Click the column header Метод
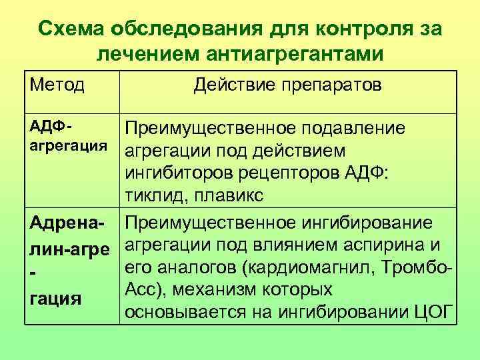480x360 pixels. (x=57, y=85)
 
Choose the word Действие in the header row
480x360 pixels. (x=228, y=85)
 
